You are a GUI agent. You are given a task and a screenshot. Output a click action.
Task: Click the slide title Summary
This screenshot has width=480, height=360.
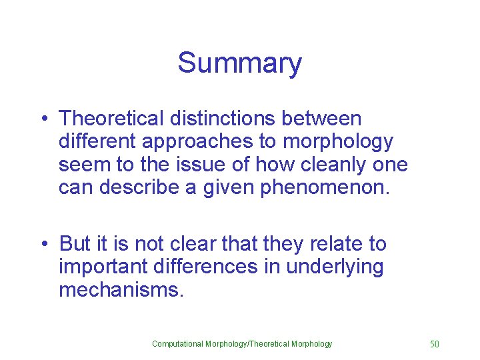(239, 63)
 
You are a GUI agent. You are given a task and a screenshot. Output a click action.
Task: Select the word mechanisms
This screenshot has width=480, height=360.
(120, 290)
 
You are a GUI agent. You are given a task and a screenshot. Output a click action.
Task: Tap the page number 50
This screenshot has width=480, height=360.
(435, 344)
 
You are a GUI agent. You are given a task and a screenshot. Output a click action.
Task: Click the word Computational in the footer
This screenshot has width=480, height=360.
(177, 344)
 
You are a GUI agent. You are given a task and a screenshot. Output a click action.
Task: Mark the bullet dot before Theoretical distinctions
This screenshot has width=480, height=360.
(44, 119)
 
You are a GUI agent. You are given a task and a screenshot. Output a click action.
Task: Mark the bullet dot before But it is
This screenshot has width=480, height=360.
(44, 245)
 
